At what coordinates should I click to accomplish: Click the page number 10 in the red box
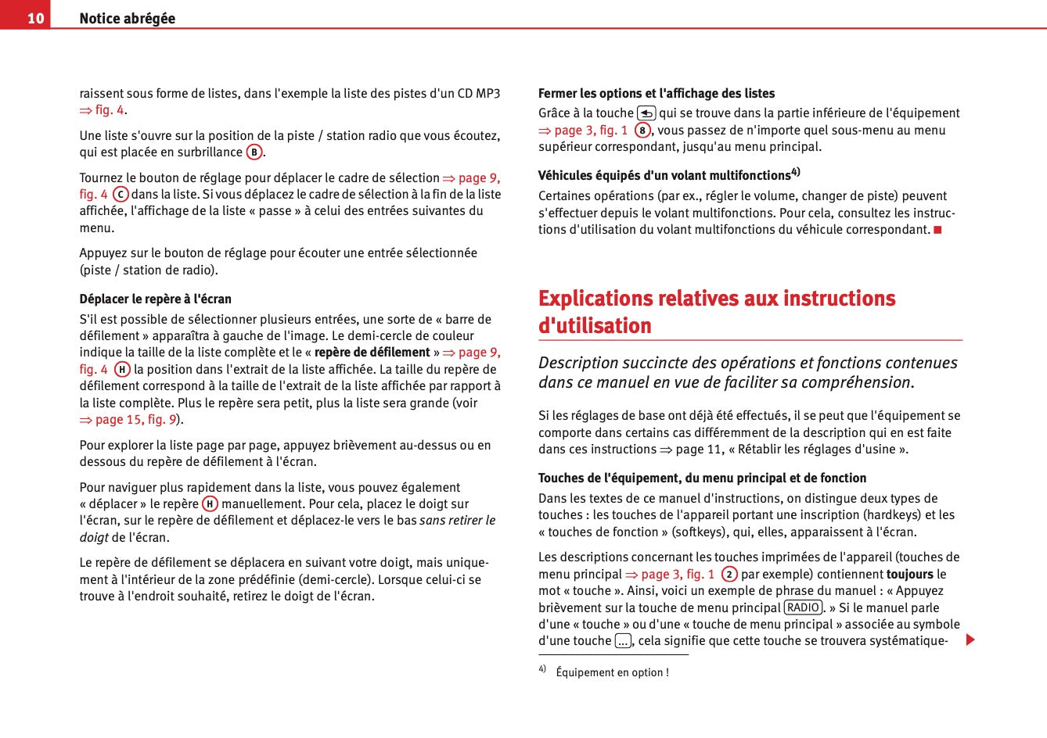coord(35,18)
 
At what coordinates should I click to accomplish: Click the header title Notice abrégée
coord(127,18)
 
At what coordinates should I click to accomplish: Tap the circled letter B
coord(254,152)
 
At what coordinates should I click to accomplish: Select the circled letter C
coord(121,195)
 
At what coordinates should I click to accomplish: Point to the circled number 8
coord(642,131)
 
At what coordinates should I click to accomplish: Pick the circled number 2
coord(729,575)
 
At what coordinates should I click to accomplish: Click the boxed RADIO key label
coord(803,608)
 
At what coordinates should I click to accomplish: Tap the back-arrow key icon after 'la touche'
coord(646,113)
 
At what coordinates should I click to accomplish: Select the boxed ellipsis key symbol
coord(623,642)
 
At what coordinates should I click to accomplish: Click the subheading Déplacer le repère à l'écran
coord(155,299)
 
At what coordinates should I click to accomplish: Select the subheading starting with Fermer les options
coord(656,94)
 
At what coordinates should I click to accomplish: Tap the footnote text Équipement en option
coord(612,672)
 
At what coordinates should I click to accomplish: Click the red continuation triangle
coord(970,640)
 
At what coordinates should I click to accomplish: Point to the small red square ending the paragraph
coord(937,230)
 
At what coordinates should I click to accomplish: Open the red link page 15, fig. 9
coord(128,420)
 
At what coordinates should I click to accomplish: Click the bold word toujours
coord(909,575)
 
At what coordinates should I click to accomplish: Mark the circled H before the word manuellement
coord(210,504)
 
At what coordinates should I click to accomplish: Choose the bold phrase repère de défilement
coord(372,353)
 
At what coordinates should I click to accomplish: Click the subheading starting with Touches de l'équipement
coord(702,478)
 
